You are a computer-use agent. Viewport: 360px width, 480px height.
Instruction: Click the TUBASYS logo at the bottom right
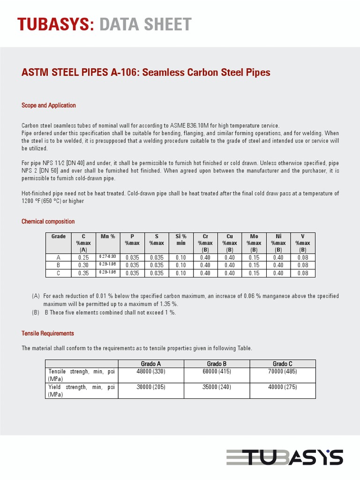pos(285,457)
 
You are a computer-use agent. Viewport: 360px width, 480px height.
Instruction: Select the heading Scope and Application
pos(49,105)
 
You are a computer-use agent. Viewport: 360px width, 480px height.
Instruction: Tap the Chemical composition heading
pos(48,221)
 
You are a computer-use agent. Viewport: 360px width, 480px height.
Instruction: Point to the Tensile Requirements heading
pos(48,333)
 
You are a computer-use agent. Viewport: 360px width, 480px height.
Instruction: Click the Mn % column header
pos(108,236)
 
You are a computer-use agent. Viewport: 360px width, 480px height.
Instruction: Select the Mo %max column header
pos(254,243)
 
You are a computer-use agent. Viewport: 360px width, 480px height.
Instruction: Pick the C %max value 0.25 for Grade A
pos(83,257)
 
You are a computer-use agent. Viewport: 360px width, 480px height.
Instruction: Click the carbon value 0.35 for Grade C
pos(83,273)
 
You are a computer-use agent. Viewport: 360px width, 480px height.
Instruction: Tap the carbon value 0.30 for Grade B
pos(83,265)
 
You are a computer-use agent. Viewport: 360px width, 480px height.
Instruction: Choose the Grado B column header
pos(217,364)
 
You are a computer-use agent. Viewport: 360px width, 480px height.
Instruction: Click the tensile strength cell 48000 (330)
pos(151,371)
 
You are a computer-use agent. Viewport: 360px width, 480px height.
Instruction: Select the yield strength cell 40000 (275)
pos(283,387)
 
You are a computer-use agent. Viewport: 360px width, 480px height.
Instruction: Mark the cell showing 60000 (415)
pos(217,371)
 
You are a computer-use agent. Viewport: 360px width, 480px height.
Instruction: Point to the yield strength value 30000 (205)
pos(151,387)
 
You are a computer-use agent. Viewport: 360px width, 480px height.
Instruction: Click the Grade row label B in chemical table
pos(58,265)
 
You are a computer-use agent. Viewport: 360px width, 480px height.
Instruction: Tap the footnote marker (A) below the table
pos(36,296)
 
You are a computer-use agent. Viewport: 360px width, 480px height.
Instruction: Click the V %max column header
pos(302,243)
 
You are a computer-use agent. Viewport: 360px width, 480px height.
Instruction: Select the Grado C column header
pos(283,364)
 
